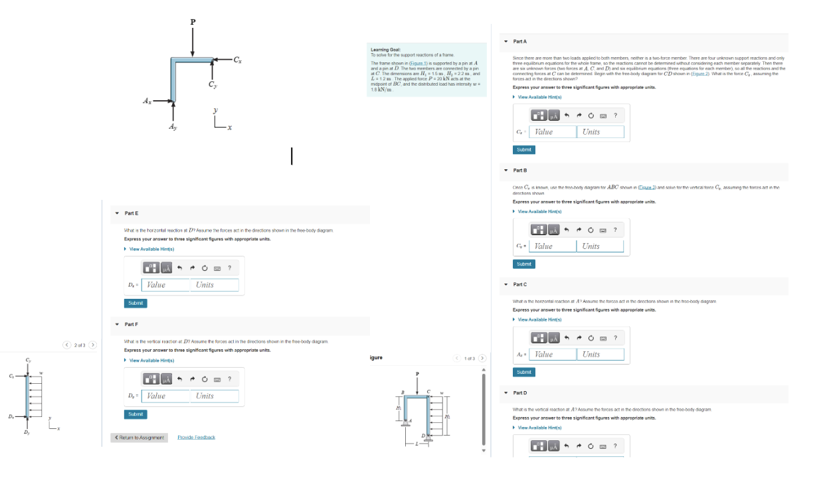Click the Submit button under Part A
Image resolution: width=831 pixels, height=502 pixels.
(524, 149)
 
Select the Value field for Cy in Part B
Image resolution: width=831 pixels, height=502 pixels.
(552, 246)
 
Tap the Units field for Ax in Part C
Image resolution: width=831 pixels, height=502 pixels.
(600, 355)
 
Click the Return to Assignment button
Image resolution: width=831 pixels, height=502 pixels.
(139, 438)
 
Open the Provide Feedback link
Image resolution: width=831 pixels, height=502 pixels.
(196, 438)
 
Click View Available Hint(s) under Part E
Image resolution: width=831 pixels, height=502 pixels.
(151, 249)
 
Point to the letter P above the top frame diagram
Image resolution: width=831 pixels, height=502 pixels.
(193, 22)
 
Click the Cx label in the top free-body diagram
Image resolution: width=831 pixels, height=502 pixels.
(237, 60)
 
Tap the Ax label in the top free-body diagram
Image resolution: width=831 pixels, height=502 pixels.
(147, 101)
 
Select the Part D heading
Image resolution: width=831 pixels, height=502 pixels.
(520, 392)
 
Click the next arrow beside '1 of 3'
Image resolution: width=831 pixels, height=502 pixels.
(482, 359)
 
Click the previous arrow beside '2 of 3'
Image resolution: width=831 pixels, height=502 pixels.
(66, 345)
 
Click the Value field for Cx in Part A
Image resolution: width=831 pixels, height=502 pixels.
(552, 131)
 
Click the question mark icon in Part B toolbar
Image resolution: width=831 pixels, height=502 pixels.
(615, 230)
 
